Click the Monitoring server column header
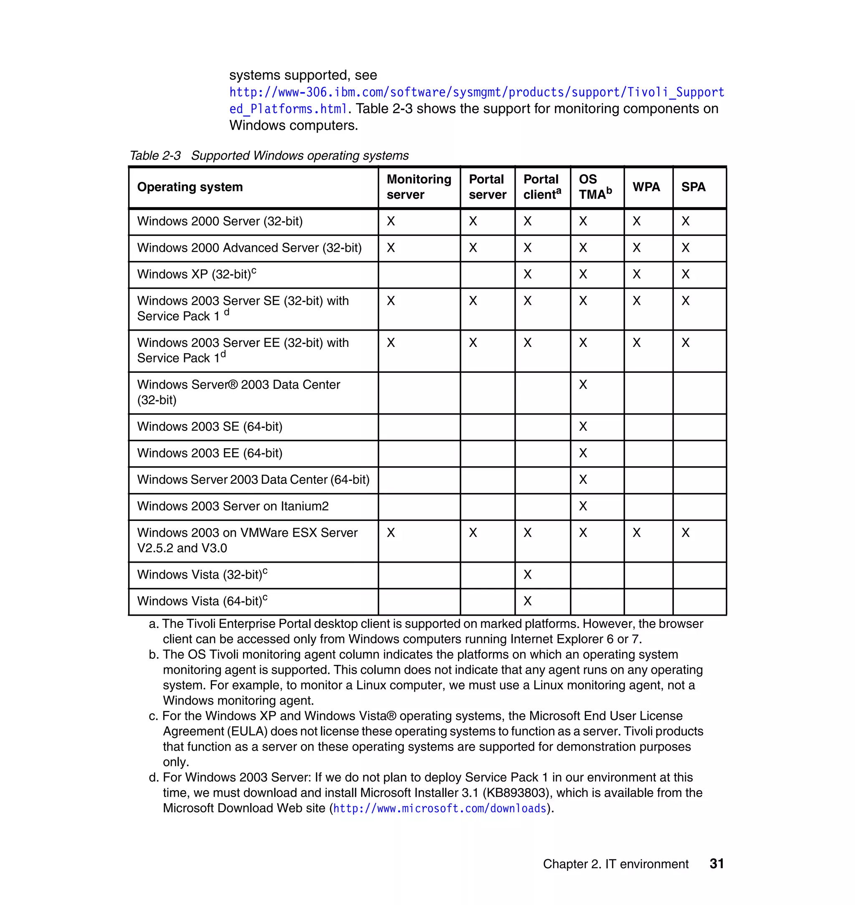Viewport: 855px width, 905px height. (x=418, y=187)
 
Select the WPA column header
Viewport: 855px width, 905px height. (x=646, y=187)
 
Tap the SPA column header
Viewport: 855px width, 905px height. (x=693, y=187)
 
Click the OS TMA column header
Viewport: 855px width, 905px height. (x=595, y=187)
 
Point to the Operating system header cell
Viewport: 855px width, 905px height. (x=190, y=187)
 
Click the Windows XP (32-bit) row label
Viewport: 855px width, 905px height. (x=197, y=274)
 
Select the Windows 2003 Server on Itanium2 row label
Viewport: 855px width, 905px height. (x=233, y=506)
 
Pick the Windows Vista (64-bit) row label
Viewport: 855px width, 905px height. (x=202, y=601)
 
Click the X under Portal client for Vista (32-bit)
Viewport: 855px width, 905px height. (x=527, y=575)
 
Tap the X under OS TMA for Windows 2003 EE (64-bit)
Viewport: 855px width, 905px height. (x=583, y=453)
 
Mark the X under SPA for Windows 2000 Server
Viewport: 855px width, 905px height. (x=686, y=222)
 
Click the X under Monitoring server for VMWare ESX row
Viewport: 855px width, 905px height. (x=391, y=533)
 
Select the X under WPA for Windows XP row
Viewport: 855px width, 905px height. (x=636, y=274)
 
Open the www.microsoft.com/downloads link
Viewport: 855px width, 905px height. (x=439, y=809)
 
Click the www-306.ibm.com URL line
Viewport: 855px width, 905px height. (x=476, y=93)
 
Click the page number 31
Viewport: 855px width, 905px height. (x=716, y=864)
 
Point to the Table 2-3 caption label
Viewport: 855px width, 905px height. (x=155, y=156)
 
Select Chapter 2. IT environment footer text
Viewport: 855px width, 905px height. (x=615, y=864)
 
